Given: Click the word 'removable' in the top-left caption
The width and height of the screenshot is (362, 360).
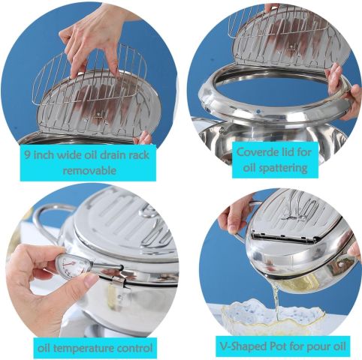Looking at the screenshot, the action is coord(89,171).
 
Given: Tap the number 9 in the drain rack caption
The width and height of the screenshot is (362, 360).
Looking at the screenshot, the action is coord(28,155).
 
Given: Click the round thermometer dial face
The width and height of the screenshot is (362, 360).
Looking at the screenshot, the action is coord(68,265).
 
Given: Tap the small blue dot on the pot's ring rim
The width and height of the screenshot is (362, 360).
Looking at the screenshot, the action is coord(258,111).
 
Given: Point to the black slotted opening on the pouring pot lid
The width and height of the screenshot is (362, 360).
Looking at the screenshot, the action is coord(283,236).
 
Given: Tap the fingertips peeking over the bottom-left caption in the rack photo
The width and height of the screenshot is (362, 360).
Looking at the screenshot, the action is coord(144,138).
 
